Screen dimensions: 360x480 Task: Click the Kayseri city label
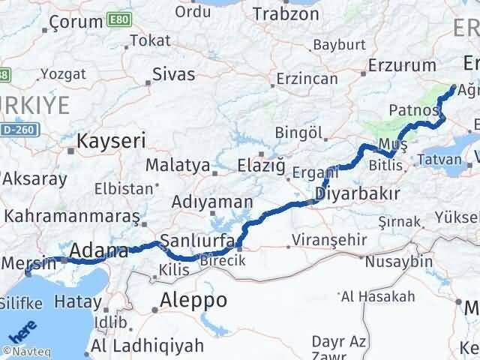point(111,140)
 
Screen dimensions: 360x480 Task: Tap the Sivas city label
point(173,74)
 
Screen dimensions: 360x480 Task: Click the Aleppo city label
point(193,300)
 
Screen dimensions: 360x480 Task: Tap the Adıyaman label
point(211,201)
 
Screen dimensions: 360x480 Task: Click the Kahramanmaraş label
point(72,216)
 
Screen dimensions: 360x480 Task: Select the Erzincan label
point(307,78)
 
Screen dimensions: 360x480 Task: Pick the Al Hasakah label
point(372,296)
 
